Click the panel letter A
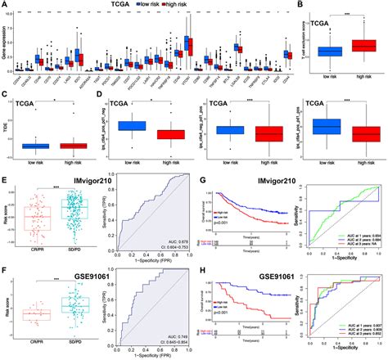[x=5, y=6]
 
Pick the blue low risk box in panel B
[x=330, y=51]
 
